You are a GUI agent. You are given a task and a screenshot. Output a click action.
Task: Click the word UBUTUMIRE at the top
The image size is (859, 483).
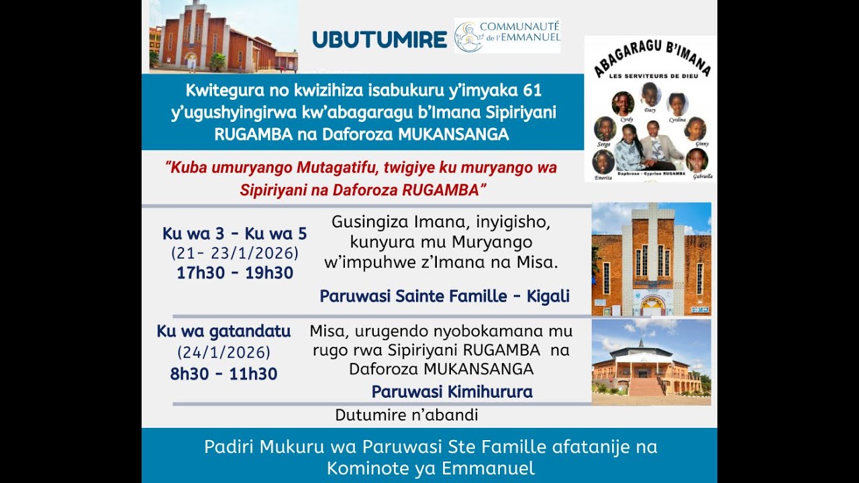[x=379, y=40]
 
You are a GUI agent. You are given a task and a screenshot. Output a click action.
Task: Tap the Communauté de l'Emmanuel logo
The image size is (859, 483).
[x=507, y=36]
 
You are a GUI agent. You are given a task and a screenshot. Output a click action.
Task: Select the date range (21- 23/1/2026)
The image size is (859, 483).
[x=234, y=254]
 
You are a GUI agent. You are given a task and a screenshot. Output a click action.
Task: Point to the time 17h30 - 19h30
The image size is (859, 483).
[x=234, y=273]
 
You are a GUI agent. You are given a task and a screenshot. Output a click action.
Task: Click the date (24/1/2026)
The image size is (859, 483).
[x=223, y=352]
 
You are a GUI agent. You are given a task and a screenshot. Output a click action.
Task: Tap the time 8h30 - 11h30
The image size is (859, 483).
[x=223, y=374]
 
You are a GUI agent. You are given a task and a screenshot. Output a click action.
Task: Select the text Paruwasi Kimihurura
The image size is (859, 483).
[x=452, y=392]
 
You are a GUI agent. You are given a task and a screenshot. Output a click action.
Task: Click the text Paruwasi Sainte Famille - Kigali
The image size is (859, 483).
[x=444, y=296]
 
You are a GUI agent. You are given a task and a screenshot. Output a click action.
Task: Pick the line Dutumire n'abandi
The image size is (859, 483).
[x=407, y=415]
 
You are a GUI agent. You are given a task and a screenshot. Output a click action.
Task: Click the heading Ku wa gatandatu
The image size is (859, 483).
[x=223, y=331]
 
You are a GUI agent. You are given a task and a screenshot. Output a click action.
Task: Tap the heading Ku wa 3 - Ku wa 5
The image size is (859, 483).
[x=234, y=233]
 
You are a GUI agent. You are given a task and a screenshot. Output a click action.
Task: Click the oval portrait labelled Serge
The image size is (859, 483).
[x=605, y=128]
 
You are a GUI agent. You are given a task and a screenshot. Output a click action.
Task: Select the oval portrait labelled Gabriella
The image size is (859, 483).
[x=697, y=160]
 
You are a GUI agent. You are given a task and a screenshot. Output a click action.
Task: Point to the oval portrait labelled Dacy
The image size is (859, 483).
[x=650, y=95]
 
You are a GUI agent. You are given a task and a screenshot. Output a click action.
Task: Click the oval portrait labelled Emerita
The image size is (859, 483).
[x=603, y=162]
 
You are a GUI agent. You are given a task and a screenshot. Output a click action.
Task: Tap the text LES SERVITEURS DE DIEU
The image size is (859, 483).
[x=649, y=75]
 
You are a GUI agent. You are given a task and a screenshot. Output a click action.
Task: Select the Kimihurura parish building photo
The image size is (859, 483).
[x=651, y=362]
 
